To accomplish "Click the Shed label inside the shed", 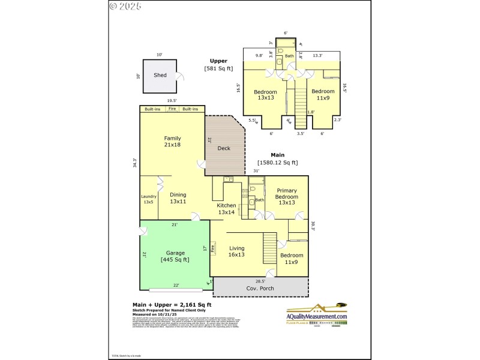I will tap(160, 76).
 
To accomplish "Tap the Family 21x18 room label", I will tap(172, 142).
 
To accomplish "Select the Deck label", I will tap(224, 148).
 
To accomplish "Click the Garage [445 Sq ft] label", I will tap(175, 256).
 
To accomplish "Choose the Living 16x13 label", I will tap(237, 251).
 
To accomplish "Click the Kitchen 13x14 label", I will tap(226, 209).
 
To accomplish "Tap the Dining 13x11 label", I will tap(178, 198).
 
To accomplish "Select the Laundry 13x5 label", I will tap(148, 199).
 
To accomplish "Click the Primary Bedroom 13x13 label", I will tap(286, 197).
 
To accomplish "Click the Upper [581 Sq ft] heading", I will tap(218, 64).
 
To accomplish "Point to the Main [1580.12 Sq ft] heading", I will tap(277, 158).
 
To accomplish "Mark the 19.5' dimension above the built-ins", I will tap(172, 101).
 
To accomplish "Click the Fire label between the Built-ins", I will tap(172, 109).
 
